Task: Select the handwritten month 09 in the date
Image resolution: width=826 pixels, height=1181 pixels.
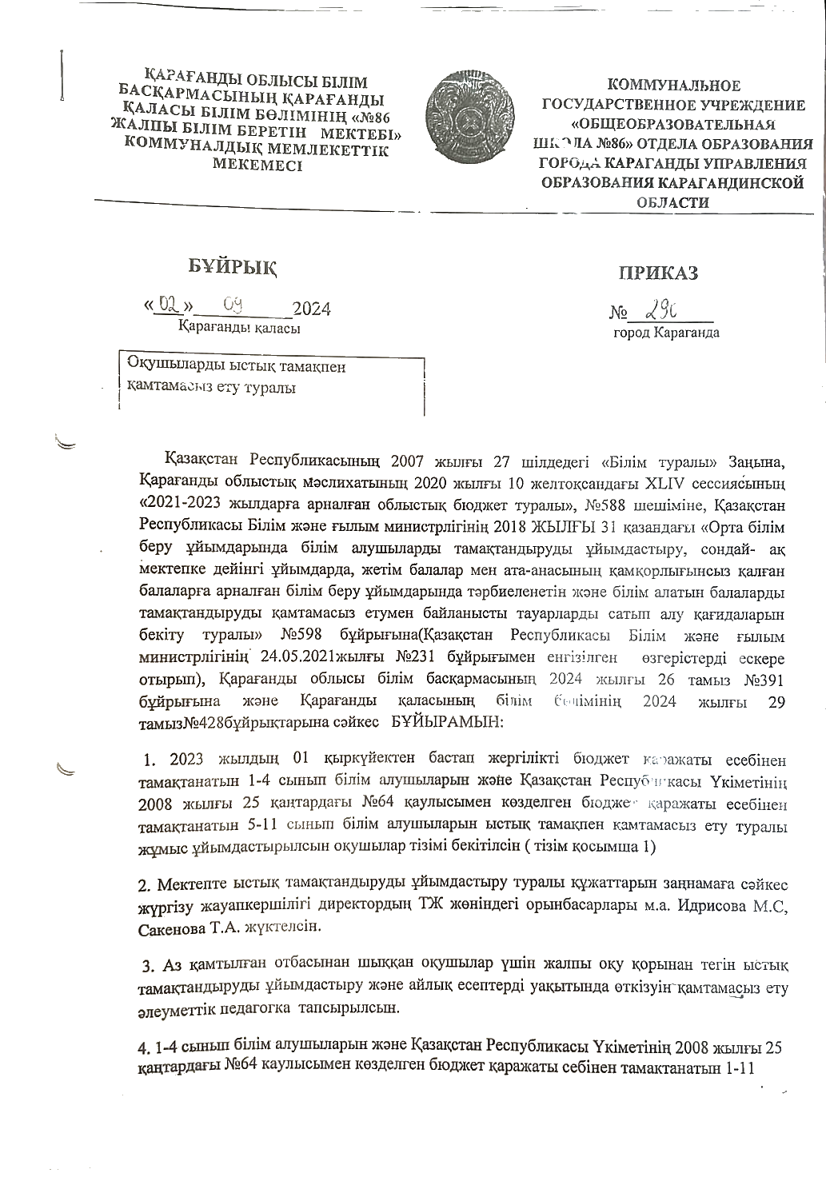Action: pos(236,305)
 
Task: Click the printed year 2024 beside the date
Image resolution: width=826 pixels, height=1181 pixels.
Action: pos(312,309)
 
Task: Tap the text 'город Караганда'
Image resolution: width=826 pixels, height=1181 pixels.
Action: pos(666,332)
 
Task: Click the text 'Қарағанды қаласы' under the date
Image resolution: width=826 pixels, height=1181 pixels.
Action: pos(239,328)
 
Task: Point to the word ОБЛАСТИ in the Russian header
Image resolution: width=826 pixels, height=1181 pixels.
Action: pos(672,202)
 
